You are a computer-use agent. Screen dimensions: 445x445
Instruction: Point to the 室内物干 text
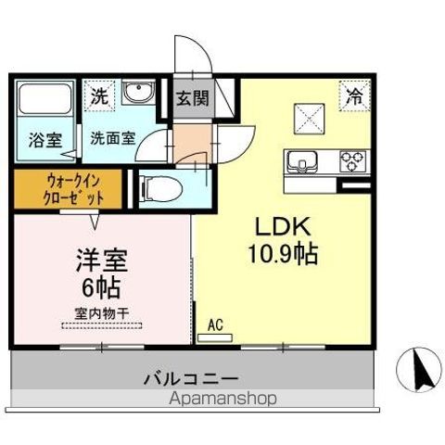click(x=101, y=313)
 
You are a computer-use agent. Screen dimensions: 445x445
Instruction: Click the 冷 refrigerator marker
click(x=354, y=94)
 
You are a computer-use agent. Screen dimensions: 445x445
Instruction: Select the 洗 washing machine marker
click(x=99, y=94)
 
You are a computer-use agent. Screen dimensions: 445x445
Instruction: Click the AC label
click(x=213, y=325)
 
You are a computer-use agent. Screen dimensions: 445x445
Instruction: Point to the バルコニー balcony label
click(x=191, y=378)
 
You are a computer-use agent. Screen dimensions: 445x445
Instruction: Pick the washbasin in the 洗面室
click(x=137, y=95)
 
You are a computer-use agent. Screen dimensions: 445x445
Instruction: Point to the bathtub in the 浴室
click(x=43, y=100)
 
